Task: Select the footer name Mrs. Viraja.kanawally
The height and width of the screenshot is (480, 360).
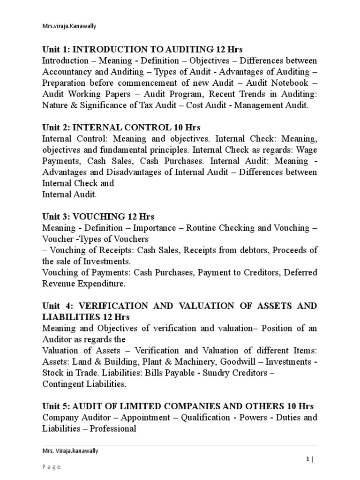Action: (71, 451)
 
